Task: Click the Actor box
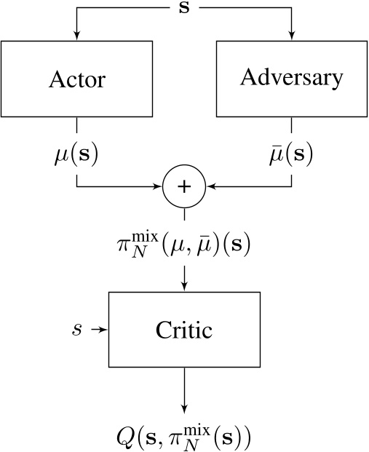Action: coord(76,79)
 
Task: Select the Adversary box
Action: coord(292,79)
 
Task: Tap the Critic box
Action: coord(184,330)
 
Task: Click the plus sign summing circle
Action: coord(184,186)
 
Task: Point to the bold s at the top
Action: coord(184,9)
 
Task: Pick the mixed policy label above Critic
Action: coord(184,245)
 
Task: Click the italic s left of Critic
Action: coord(77,330)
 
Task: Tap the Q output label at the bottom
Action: coord(184,437)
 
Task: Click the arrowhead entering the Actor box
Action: coord(76,37)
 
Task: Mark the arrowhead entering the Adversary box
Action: coord(292,37)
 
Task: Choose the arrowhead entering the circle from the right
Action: coord(209,186)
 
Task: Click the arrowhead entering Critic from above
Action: coord(184,288)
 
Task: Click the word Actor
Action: coord(76,79)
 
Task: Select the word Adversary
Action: coord(292,78)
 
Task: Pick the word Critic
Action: coord(184,330)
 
